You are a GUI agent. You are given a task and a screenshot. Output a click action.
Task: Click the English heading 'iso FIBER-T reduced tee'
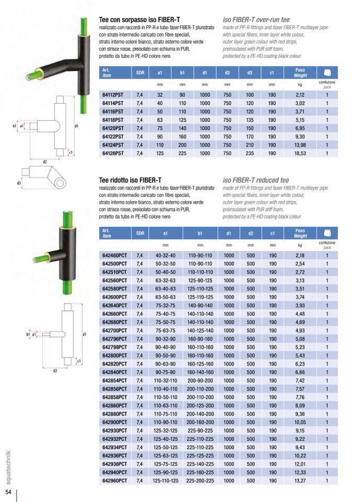[x=256, y=181]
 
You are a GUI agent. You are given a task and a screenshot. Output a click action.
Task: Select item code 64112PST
[x=113, y=95]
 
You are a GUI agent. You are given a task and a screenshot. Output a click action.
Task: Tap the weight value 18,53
[x=300, y=153]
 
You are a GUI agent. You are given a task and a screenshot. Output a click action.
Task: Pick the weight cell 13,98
[x=300, y=145]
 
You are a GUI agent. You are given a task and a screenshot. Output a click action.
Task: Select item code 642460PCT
[x=114, y=255]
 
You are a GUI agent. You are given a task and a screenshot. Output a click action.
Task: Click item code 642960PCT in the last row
[x=114, y=481]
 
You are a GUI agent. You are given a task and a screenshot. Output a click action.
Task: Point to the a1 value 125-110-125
[x=165, y=481]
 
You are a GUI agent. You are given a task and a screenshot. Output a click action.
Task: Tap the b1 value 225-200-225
[x=200, y=481]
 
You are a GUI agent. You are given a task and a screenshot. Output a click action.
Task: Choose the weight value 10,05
[x=300, y=422]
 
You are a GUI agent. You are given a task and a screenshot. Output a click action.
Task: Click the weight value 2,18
[x=300, y=255]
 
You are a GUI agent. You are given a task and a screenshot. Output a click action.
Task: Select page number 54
[x=8, y=492]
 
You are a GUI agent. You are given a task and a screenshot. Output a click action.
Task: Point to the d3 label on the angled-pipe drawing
[x=19, y=183]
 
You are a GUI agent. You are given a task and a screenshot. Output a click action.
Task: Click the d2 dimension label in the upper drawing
[x=45, y=162]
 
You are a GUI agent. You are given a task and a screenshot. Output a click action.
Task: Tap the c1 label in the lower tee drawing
[x=78, y=361]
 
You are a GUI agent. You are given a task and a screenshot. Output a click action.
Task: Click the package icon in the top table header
[x=327, y=73]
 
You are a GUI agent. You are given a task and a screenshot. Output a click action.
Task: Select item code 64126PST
[x=113, y=153]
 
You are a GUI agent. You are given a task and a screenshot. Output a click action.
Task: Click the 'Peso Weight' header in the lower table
[x=300, y=233]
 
